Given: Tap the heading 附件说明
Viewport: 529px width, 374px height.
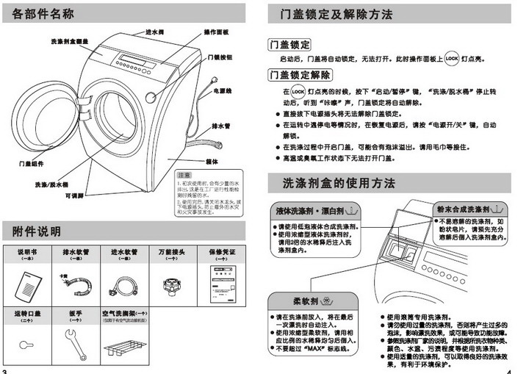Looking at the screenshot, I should coord(36,232).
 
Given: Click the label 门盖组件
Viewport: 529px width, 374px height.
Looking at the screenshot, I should coord(31,163).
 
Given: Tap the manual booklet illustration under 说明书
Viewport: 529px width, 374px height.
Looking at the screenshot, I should coord(26,282).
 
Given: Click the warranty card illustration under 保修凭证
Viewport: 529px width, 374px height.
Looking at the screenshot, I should coord(222,281).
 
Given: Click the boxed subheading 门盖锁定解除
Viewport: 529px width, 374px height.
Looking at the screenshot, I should coord(300,74).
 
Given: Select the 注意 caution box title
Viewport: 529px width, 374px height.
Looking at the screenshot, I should coord(184,175).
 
